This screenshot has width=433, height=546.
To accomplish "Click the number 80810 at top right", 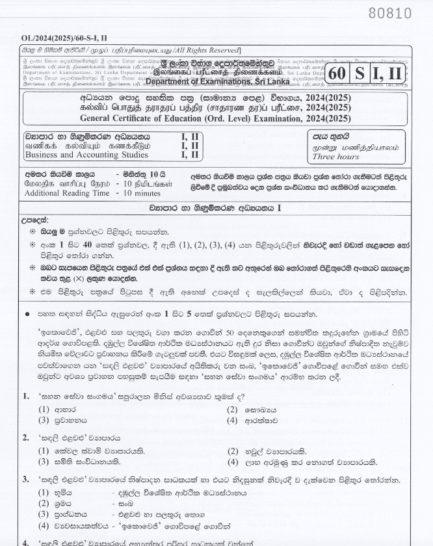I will pos(390,13).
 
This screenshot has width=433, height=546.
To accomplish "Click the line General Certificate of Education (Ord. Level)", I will pos(206,118).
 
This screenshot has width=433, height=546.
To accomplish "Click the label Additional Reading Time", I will pos(65,194).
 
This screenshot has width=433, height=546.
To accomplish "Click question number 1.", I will pos(26,395).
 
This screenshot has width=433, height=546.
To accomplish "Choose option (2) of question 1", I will pos(231,409).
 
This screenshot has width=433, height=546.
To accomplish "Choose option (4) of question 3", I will pos(44,525).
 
